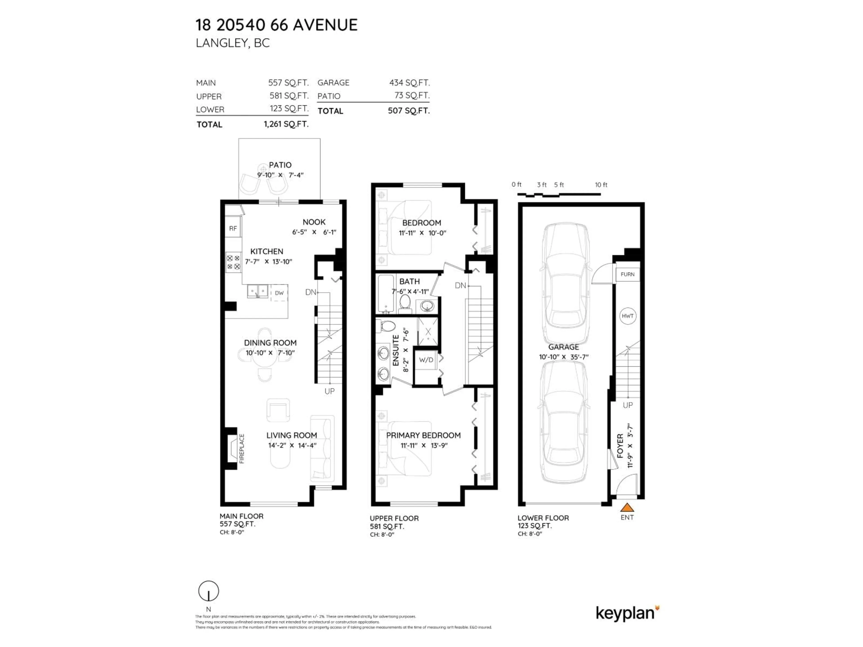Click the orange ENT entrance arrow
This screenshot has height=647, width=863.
[x=627, y=507]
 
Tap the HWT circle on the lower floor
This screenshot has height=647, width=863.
[x=628, y=316]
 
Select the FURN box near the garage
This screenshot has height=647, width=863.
[x=627, y=274]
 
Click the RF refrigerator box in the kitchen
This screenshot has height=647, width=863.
[x=233, y=228]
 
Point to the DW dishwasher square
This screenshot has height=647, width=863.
[x=279, y=293]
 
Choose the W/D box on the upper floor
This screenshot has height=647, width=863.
[x=426, y=360]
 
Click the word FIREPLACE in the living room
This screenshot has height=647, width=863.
[x=242, y=448]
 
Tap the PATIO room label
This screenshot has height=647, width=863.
[x=280, y=165]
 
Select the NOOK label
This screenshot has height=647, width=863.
[x=314, y=222]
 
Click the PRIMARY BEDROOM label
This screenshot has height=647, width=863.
[x=423, y=435]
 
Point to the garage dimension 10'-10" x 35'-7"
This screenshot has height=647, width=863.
[x=563, y=357]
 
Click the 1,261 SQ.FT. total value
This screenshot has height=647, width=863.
[x=286, y=124]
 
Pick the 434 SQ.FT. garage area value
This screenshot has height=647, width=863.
[x=409, y=83]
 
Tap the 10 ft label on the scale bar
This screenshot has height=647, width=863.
[x=601, y=185]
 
